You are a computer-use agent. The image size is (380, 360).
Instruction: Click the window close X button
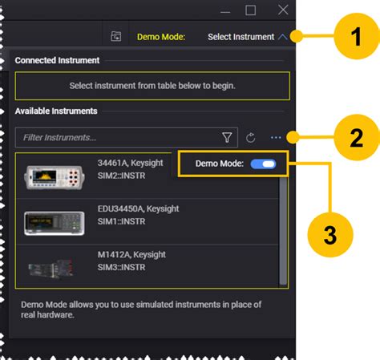[x=283, y=10]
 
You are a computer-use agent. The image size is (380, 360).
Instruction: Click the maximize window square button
[x=250, y=10]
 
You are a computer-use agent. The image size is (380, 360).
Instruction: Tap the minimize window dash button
[x=225, y=12]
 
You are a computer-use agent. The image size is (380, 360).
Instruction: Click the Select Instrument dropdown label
[x=241, y=37]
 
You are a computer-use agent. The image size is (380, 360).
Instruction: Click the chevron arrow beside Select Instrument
[x=282, y=37]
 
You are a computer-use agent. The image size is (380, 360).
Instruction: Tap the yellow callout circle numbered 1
[x=357, y=36]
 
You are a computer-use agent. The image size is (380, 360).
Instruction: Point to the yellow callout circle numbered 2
[x=357, y=137]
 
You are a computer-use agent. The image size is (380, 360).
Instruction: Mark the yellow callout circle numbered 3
[x=330, y=235]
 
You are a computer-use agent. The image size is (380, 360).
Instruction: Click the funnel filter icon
[x=227, y=137]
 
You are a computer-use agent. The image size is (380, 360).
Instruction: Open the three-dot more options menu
[x=276, y=138]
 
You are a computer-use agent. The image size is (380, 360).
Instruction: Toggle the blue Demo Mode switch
[x=263, y=164]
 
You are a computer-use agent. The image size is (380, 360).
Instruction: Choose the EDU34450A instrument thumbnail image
[x=55, y=224]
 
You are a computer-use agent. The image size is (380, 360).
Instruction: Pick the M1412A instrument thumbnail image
[x=51, y=269]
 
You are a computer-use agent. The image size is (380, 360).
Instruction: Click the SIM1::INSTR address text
[x=121, y=221]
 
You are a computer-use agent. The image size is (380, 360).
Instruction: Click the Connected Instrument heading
[x=57, y=60]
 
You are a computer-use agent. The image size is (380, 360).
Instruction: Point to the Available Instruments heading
[x=56, y=111]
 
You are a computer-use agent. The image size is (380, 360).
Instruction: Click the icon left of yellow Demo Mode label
[x=116, y=36]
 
